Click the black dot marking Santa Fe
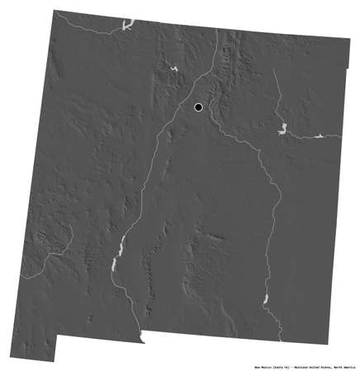pyautogui.click(x=198, y=107)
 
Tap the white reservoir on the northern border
pyautogui.click(x=127, y=25)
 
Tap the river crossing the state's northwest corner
pyautogui.click(x=83, y=27)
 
